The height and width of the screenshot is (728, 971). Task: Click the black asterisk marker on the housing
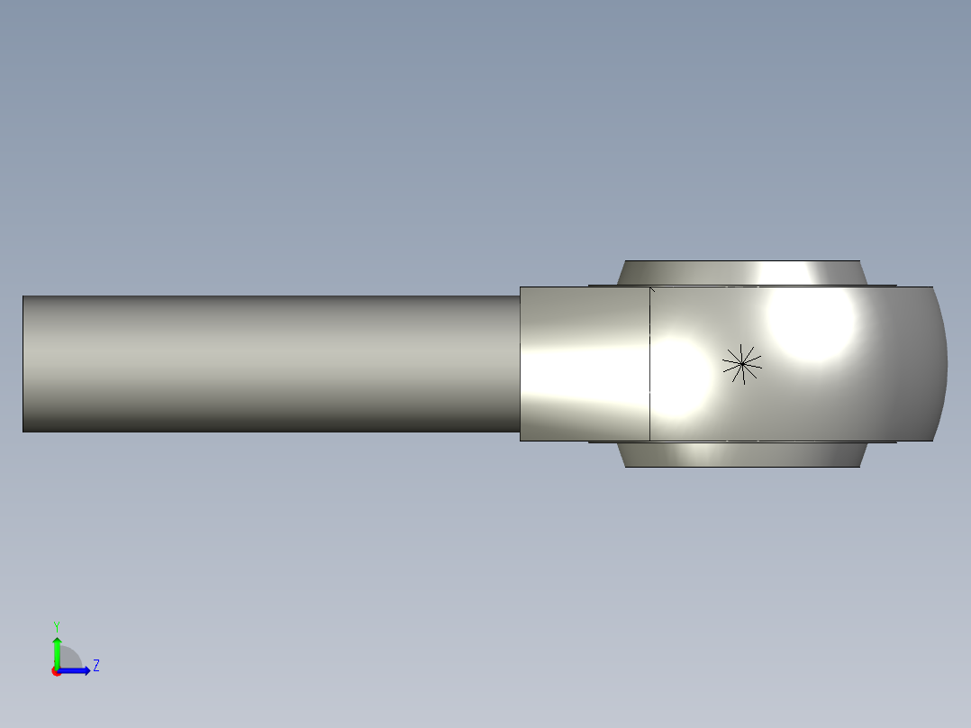tap(742, 364)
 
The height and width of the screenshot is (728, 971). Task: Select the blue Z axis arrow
tap(77, 670)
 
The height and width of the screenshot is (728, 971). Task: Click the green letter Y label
tap(57, 625)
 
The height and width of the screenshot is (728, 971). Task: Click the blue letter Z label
tap(95, 666)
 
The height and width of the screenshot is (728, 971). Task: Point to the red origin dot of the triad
tap(56, 671)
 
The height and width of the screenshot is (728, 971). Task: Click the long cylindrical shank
tap(270, 364)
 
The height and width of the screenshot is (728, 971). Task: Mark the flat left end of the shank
tap(24, 364)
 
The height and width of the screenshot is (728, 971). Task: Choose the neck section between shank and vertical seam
tap(584, 364)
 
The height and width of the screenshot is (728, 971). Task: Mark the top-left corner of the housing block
tap(521, 287)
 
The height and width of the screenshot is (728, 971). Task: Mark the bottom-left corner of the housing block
tap(521, 440)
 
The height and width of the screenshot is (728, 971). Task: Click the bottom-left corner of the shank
tap(24, 431)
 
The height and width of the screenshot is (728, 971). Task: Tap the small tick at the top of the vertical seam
tap(651, 289)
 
